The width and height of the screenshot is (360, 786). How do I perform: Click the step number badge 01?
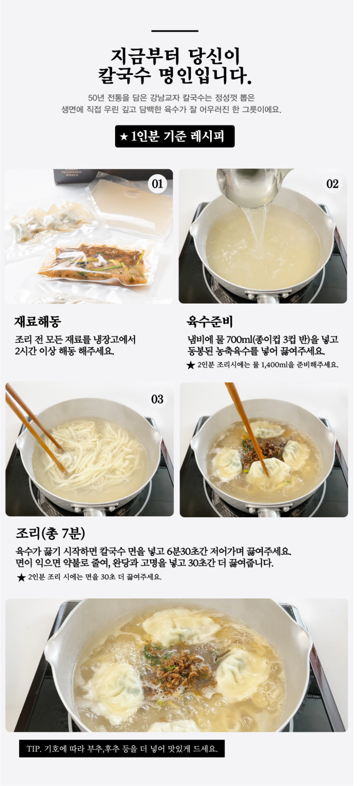click(157, 184)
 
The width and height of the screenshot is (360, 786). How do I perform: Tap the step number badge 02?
click(332, 184)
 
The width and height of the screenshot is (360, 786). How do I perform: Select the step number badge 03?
click(157, 399)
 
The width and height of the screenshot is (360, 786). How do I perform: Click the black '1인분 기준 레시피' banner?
click(175, 136)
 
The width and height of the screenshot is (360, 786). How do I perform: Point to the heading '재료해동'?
click(38, 321)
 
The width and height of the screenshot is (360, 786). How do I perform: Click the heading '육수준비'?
click(209, 321)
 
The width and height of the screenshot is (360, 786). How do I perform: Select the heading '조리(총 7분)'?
click(50, 533)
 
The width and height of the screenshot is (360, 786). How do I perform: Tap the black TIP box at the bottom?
click(122, 749)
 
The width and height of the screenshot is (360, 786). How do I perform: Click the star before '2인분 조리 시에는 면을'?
click(21, 578)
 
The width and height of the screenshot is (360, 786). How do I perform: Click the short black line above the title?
click(175, 31)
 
